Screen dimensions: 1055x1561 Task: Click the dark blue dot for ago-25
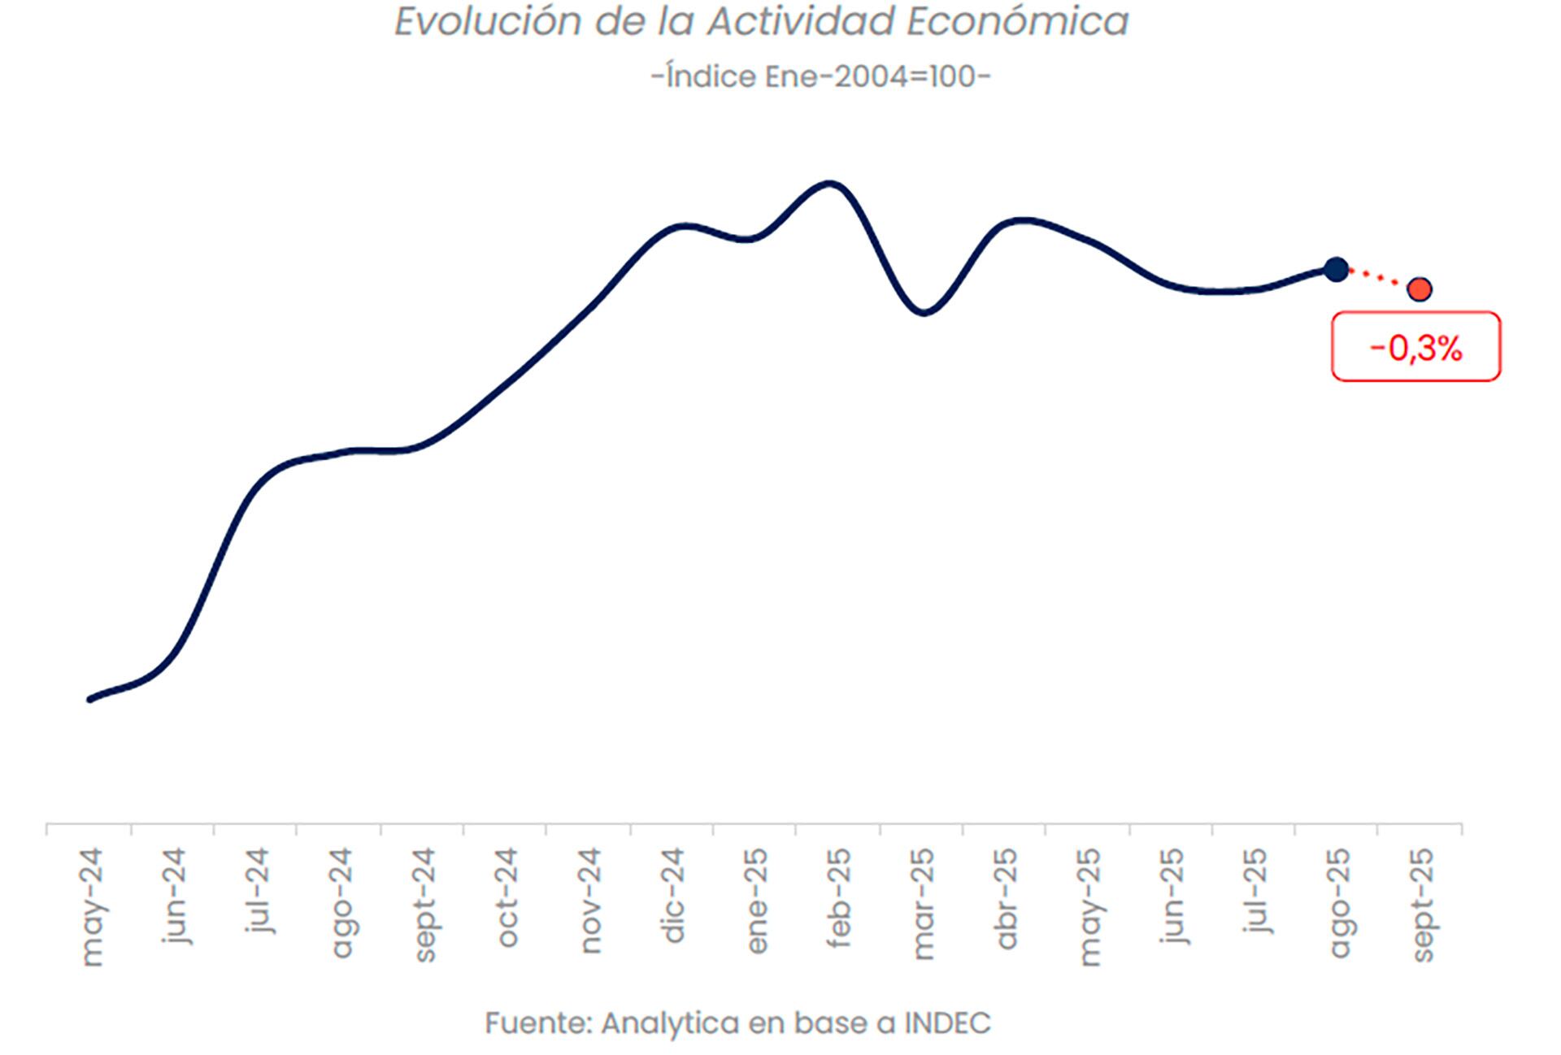tap(1336, 269)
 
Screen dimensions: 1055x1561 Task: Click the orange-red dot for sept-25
tap(1420, 289)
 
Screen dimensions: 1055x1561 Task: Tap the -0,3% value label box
tap(1415, 347)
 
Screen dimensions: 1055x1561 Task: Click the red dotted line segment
tap(1378, 279)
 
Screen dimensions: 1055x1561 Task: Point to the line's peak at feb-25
tap(829, 183)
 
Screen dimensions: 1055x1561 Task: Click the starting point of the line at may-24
tap(90, 699)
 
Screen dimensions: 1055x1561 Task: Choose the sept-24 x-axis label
tap(424, 905)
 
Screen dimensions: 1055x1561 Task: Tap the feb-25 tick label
tap(838, 897)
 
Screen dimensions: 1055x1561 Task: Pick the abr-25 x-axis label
tap(1006, 898)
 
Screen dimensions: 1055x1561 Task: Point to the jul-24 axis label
tap(258, 889)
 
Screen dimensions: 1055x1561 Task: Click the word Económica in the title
tap(1017, 21)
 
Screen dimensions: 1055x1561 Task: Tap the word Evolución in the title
tap(487, 21)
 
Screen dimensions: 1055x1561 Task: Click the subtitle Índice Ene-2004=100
tap(820, 76)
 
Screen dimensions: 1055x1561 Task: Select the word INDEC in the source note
tap(947, 1022)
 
